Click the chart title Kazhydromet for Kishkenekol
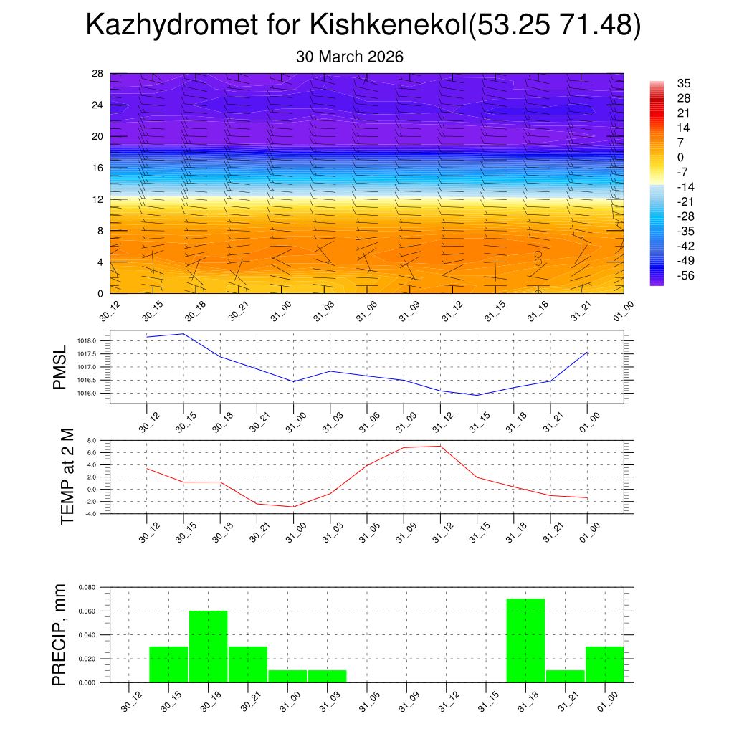point(363,26)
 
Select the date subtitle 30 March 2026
point(349,57)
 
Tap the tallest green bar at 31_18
point(525,640)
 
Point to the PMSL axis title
point(59,367)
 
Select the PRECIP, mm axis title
point(59,634)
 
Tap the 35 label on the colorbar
point(684,84)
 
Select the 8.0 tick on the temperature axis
point(92,440)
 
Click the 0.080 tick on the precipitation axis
point(87,587)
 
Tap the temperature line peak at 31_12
point(439,446)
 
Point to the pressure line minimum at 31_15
point(477,395)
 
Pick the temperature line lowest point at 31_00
point(293,507)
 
